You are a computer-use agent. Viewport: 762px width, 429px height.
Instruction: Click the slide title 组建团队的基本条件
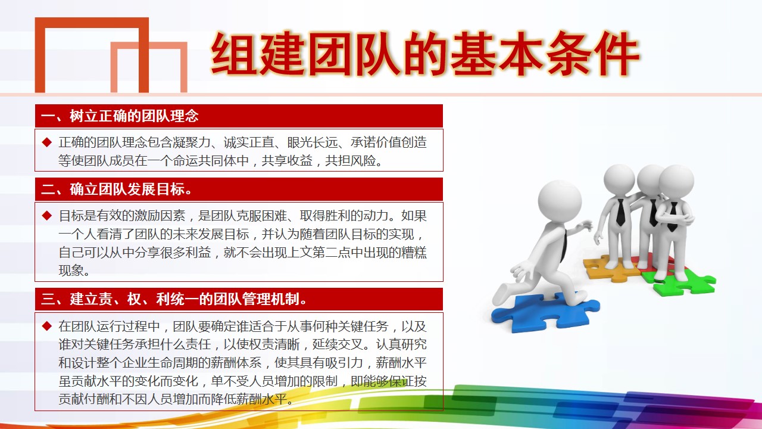point(425,54)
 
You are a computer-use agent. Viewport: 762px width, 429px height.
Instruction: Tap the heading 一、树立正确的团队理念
point(120,116)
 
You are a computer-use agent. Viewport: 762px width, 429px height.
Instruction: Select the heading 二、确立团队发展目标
point(116,189)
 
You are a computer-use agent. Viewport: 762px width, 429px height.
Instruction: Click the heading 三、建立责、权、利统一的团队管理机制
point(174,299)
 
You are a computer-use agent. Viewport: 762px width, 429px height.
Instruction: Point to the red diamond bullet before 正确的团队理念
point(47,142)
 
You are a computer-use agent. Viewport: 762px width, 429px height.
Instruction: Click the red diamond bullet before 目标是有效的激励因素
point(47,216)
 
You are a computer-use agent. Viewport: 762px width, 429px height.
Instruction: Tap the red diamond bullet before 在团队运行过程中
point(47,326)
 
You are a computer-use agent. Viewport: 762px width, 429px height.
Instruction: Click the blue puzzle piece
point(544,313)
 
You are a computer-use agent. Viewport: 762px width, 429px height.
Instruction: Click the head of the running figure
point(560,201)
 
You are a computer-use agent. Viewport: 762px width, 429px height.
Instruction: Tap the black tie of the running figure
point(564,245)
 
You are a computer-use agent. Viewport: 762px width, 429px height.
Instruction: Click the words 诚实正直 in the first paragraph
point(249,142)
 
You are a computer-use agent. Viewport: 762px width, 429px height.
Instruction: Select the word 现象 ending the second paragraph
point(71,271)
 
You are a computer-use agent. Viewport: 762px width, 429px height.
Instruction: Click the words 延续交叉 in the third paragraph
point(338,344)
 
